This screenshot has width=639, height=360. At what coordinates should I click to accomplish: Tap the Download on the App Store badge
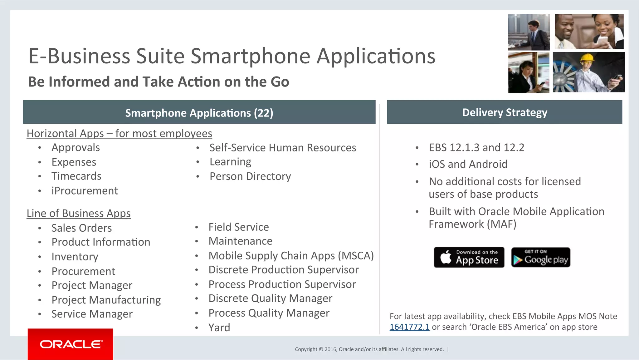(x=469, y=257)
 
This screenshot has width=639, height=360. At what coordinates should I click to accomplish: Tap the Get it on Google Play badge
(x=541, y=257)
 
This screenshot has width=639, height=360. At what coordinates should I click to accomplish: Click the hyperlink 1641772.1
(x=409, y=327)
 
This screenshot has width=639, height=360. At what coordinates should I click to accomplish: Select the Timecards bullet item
(x=76, y=176)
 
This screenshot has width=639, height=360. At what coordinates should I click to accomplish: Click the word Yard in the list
(x=219, y=328)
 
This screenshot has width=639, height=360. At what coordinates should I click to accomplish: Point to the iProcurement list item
(x=85, y=191)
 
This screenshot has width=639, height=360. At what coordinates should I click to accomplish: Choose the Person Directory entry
(x=250, y=176)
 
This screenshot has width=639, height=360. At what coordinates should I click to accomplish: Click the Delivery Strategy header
(x=505, y=112)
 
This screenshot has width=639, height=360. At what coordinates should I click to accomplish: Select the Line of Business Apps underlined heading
(x=79, y=213)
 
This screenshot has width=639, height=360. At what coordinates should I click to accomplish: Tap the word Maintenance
(x=241, y=241)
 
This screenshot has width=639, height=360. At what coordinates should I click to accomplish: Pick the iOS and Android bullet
(x=468, y=164)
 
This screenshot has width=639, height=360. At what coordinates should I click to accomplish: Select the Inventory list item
(x=75, y=257)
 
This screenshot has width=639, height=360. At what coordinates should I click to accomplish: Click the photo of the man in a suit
(x=529, y=32)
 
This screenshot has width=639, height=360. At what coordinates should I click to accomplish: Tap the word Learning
(x=230, y=162)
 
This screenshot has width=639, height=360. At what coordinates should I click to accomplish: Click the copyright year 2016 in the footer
(x=331, y=349)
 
